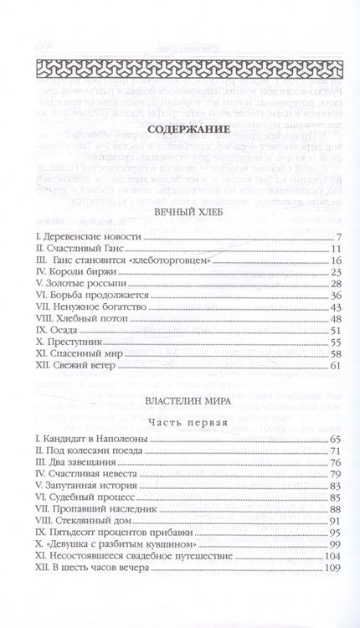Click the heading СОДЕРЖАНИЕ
(x=180, y=131)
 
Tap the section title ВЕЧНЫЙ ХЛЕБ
(x=180, y=214)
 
